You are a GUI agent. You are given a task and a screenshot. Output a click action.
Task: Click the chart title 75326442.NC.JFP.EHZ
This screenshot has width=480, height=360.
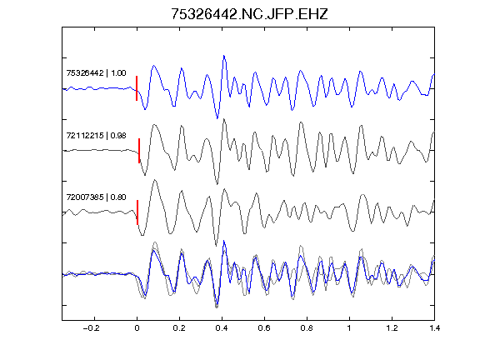(249, 14)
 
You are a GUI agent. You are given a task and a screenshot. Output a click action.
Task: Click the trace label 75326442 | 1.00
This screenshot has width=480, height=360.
(96, 73)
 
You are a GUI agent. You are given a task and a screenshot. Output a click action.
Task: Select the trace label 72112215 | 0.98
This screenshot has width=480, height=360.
(96, 135)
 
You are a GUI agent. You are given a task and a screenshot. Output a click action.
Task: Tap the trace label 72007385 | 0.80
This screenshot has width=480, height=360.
(96, 197)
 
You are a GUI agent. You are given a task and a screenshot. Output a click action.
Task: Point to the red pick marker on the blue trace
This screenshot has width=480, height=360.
(137, 88)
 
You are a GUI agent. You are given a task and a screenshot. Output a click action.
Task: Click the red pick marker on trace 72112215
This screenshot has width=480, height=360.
(139, 151)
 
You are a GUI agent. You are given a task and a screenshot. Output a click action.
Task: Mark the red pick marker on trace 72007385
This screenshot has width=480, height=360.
(137, 212)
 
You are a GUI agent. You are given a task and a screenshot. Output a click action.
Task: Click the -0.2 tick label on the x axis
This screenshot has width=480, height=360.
(91, 328)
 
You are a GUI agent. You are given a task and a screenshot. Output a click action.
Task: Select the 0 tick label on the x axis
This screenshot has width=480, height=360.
(137, 328)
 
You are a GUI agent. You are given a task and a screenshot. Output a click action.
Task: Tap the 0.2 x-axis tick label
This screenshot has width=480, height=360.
(179, 328)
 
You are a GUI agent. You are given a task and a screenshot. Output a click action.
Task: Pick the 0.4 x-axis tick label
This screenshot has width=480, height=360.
(222, 328)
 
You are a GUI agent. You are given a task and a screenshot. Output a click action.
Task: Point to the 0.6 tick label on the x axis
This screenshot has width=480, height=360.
(264, 328)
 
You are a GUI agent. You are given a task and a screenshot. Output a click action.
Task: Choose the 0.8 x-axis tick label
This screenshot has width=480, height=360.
(307, 328)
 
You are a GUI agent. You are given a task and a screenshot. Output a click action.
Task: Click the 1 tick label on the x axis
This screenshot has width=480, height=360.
(349, 328)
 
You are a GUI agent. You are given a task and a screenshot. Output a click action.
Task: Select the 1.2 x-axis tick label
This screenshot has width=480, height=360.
(392, 328)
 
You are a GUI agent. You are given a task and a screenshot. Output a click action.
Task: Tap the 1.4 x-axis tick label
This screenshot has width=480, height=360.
(434, 328)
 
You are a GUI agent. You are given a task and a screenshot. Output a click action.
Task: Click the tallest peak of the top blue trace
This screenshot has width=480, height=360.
(224, 56)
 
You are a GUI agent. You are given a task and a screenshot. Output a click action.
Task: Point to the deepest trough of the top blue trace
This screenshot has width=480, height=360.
(217, 118)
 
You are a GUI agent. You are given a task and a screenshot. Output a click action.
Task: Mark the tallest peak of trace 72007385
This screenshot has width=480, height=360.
(155, 180)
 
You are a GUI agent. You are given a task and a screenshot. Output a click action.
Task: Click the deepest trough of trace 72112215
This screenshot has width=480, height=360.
(217, 184)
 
